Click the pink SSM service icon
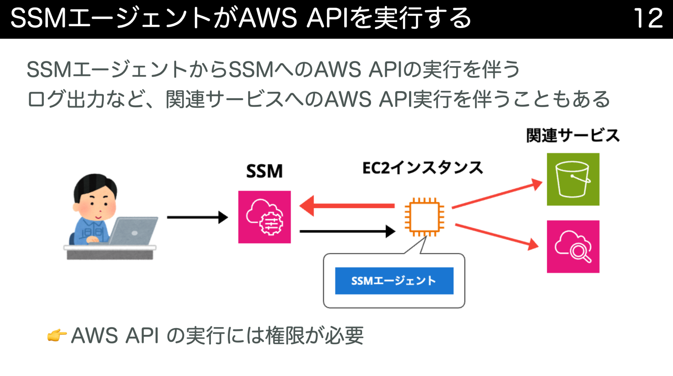(x=264, y=217)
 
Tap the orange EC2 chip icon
(x=424, y=217)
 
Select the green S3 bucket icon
(x=573, y=179)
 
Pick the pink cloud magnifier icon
(x=573, y=247)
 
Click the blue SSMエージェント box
(x=394, y=281)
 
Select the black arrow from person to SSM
(x=197, y=217)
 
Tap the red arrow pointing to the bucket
(x=496, y=196)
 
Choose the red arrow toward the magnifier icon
(x=496, y=235)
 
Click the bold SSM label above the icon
(x=264, y=171)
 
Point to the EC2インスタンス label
(x=422, y=168)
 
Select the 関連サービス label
(x=572, y=136)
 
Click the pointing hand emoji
(x=57, y=336)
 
